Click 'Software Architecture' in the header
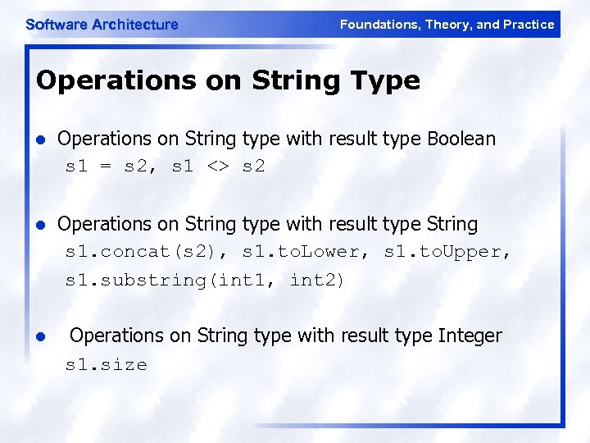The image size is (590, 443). (102, 25)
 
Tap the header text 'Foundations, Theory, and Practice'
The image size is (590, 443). (447, 25)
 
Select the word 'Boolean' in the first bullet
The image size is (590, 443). (461, 139)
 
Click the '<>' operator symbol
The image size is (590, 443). (218, 167)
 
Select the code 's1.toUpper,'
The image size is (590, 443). (447, 252)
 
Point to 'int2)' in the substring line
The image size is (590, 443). (318, 280)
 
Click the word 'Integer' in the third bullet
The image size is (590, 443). (470, 336)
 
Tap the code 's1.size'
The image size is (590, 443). (107, 364)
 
